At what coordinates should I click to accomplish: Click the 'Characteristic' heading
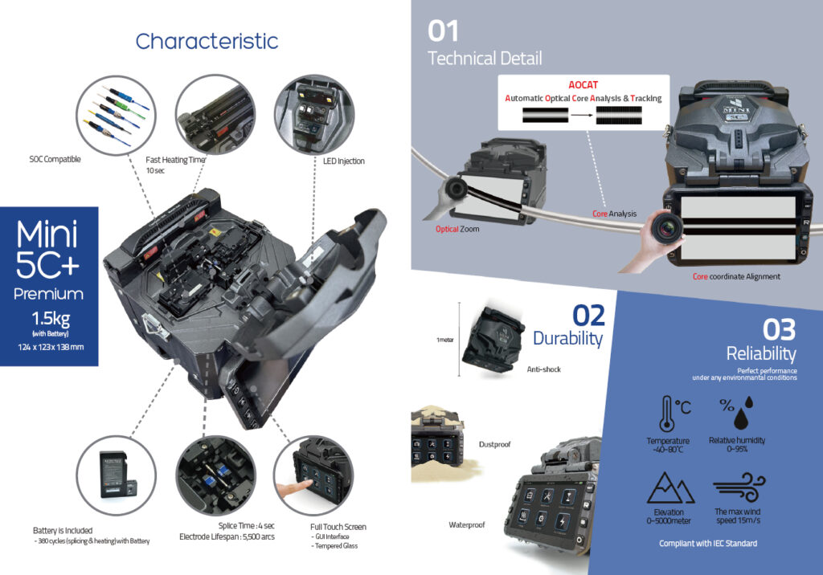click(x=207, y=41)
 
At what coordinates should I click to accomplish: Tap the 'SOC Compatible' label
click(x=55, y=160)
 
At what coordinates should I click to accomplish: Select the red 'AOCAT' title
click(x=584, y=84)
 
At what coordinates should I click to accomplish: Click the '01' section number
click(x=443, y=31)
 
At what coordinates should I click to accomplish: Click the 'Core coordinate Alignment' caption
click(x=736, y=276)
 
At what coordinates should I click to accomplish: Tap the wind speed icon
click(x=738, y=487)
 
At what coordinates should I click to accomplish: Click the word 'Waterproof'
click(x=467, y=525)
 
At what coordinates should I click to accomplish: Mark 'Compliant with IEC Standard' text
click(x=707, y=544)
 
